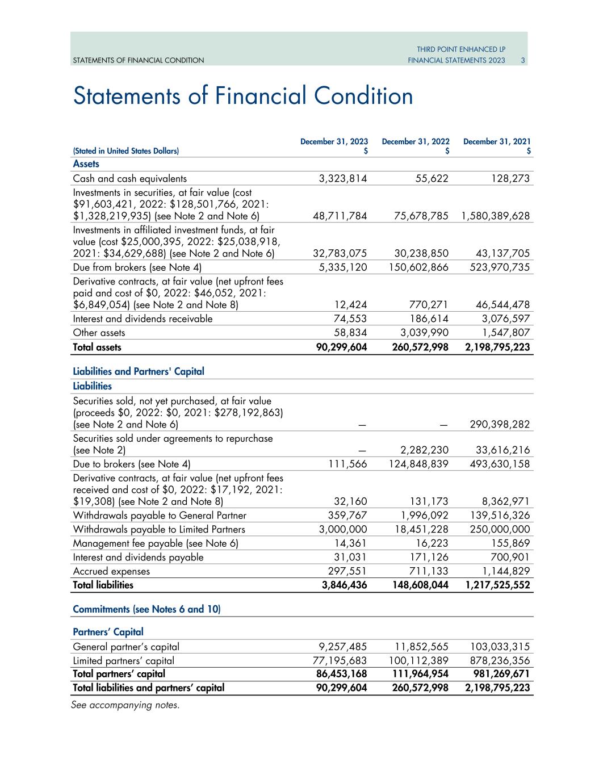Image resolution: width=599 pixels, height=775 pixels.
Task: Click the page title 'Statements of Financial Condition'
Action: pyautogui.click(x=243, y=96)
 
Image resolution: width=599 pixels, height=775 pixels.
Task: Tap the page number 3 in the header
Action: pyautogui.click(x=523, y=60)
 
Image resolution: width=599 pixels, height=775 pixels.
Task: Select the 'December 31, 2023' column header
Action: pyautogui.click(x=334, y=141)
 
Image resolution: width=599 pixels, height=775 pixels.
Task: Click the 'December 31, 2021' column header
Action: pyautogui.click(x=497, y=141)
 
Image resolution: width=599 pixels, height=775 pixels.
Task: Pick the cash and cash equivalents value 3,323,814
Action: pyautogui.click(x=342, y=179)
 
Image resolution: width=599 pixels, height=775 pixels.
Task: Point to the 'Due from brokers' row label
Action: pyautogui.click(x=137, y=267)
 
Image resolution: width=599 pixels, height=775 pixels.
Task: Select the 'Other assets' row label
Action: pyautogui.click(x=99, y=333)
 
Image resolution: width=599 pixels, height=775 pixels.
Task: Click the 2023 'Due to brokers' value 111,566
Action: pyautogui.click(x=348, y=464)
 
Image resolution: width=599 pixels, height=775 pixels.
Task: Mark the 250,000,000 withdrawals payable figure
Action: pyautogui.click(x=497, y=530)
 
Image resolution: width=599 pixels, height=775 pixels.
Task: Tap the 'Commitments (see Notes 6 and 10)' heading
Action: pyautogui.click(x=146, y=609)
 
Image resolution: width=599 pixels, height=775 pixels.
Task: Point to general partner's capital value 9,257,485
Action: pyautogui.click(x=342, y=647)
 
